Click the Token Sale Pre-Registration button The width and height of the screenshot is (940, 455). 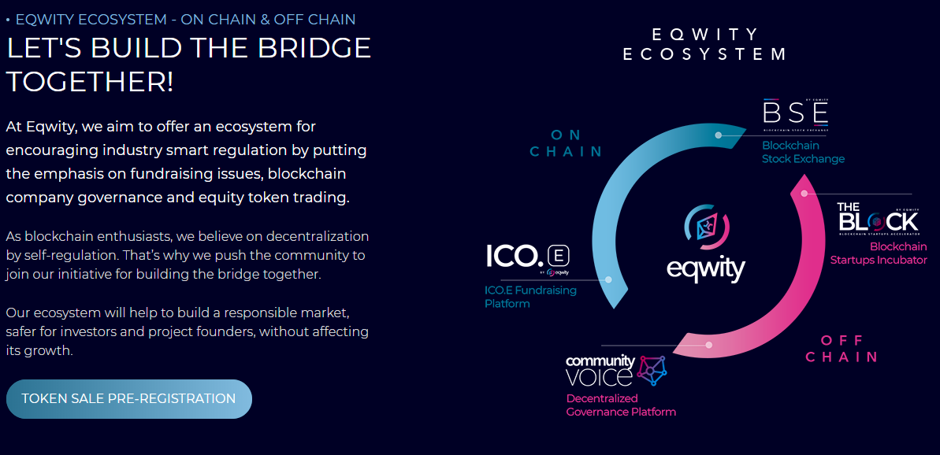point(128,398)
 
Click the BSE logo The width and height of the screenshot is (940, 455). point(795,113)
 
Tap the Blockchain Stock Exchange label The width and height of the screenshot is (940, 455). point(802,152)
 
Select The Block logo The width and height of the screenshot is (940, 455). point(878,218)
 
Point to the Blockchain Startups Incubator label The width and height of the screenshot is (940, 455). point(878,253)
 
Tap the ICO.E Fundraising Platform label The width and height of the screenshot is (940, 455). point(530,297)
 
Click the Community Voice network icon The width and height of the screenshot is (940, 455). point(652,371)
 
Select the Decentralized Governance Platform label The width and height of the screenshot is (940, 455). point(621,405)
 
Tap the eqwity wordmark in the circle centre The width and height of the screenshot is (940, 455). point(706,269)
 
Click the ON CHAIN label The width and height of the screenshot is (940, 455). point(566,143)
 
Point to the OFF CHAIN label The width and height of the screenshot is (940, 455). point(842,348)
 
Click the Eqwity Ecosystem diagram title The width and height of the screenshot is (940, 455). point(705,44)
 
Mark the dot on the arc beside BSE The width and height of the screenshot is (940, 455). point(719,135)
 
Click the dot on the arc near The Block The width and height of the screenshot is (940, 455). point(804,193)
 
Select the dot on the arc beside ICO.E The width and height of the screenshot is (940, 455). point(608,279)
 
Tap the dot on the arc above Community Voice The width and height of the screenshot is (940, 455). point(709,345)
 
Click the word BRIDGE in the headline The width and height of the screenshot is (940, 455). point(314,49)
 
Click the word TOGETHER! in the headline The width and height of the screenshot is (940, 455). point(90,81)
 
